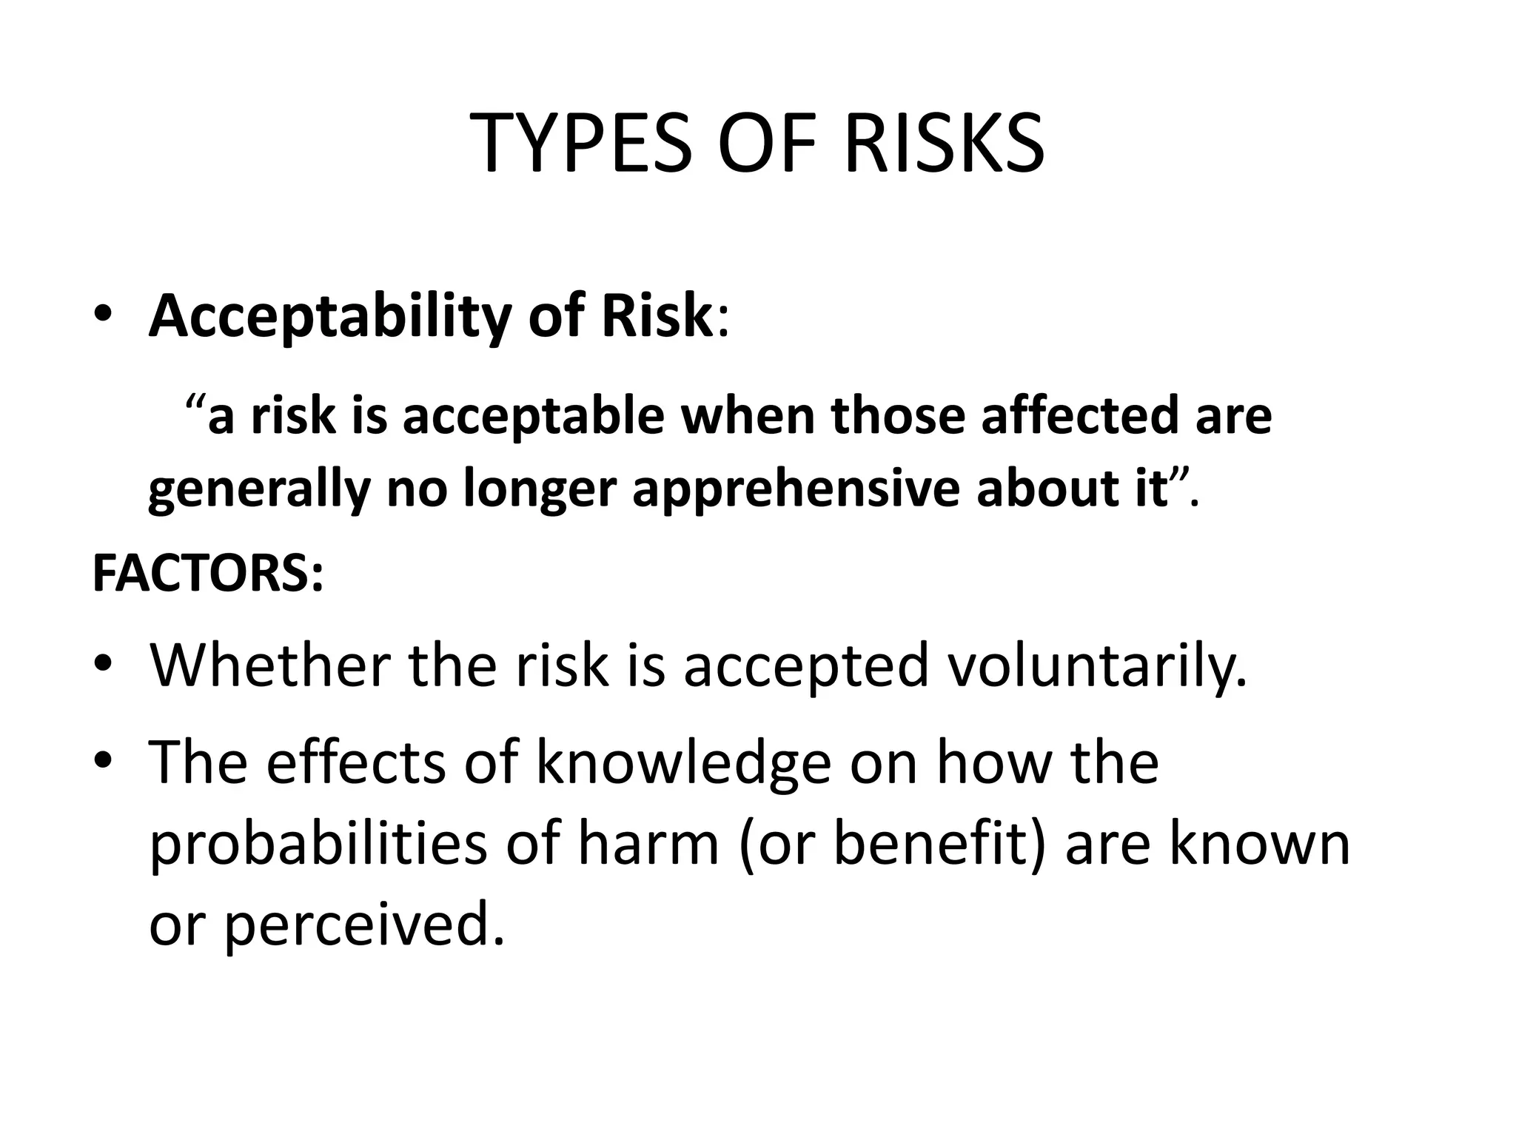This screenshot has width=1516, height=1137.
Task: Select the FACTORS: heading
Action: coord(208,574)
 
